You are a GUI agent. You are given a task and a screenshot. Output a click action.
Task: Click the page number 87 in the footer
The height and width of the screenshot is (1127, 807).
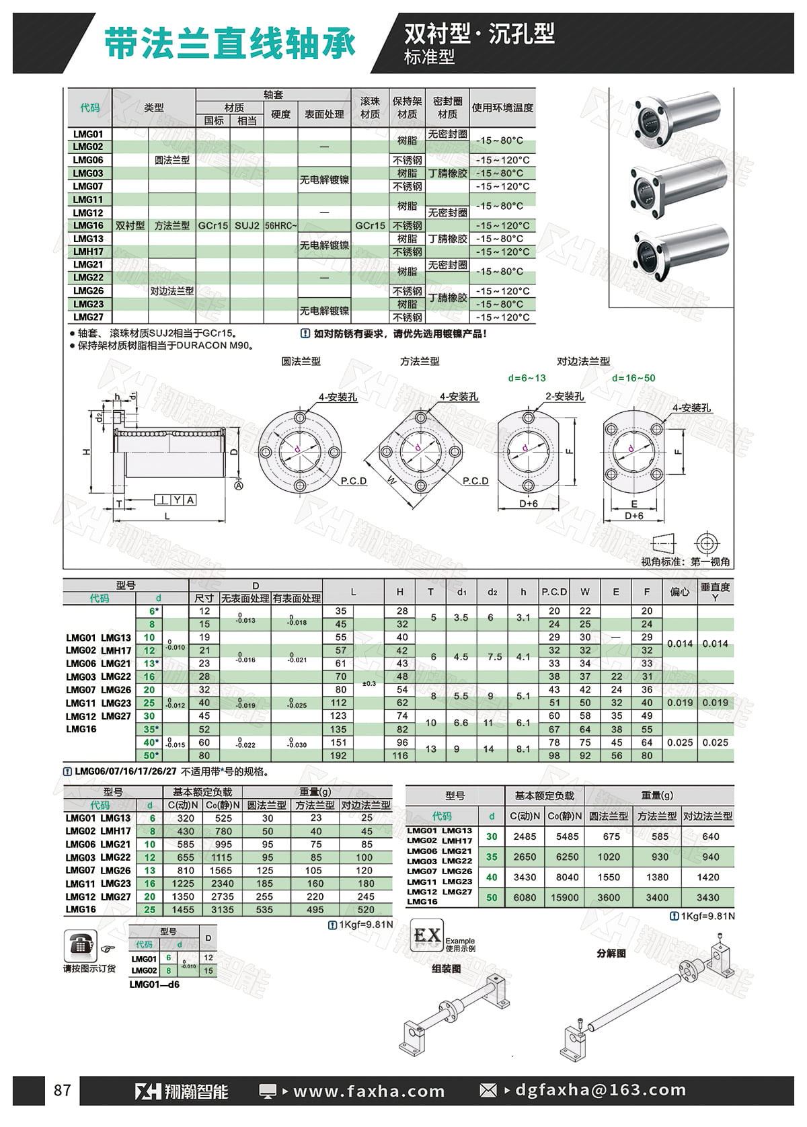coord(62,1090)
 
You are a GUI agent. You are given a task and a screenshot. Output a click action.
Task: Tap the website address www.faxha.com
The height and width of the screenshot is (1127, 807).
coord(369,1091)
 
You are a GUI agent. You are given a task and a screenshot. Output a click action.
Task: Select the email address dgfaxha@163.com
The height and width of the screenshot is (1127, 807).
coord(601,1090)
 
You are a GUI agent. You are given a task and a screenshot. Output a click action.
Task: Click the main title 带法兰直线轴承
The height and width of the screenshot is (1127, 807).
coord(230,44)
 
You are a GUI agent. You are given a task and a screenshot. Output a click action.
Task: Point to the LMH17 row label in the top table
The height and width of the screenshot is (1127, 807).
coord(88,251)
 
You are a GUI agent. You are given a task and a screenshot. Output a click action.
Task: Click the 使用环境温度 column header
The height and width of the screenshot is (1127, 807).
coord(502,108)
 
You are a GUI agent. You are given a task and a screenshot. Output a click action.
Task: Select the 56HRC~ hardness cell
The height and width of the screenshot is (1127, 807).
coord(280,226)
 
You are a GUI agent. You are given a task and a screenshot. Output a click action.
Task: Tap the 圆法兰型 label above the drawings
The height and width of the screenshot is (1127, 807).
coord(301,361)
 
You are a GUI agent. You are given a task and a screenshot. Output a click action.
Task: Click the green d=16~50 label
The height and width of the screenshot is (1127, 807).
coord(633,378)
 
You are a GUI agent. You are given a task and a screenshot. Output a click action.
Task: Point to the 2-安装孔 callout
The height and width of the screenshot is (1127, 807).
coord(565,397)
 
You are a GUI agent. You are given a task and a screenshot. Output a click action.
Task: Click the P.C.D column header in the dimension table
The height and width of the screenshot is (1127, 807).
coord(554,592)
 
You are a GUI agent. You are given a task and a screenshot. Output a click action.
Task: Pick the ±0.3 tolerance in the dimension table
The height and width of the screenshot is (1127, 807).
coord(369,683)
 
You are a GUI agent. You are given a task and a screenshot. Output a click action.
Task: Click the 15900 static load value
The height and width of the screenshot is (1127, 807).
coord(564,897)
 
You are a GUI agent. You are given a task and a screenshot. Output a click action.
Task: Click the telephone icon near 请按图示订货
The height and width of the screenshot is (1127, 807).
coord(80,946)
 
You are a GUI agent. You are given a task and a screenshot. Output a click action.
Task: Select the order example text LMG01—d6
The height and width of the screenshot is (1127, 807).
coord(154,984)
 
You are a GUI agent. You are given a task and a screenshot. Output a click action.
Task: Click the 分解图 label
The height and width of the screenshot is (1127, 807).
coord(611,954)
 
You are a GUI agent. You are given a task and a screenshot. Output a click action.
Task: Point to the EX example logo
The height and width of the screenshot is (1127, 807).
coord(427,936)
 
